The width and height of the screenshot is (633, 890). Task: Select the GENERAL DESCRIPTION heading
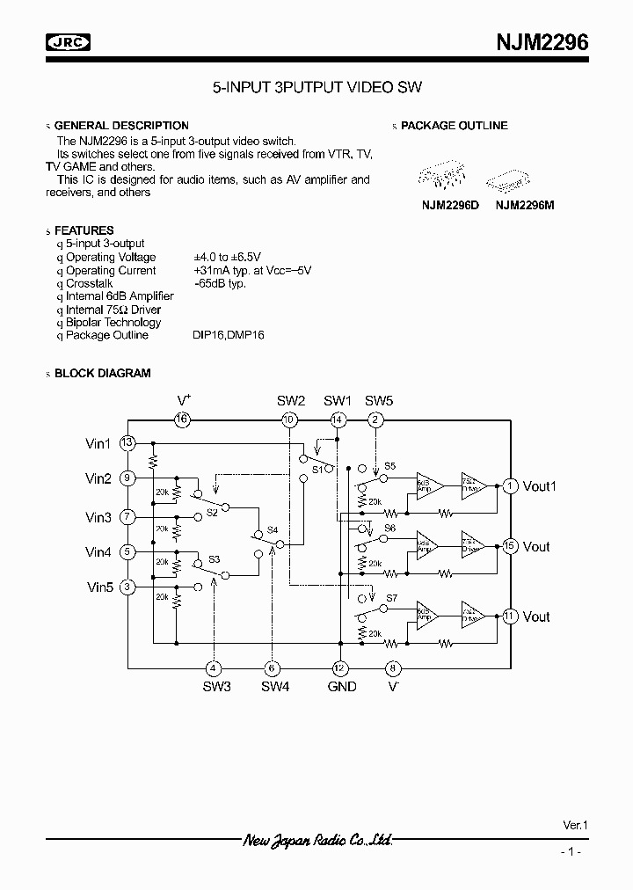121,126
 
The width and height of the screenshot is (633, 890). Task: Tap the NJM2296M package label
525,205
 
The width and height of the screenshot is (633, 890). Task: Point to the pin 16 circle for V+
182,419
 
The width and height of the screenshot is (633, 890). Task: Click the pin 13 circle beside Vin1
128,442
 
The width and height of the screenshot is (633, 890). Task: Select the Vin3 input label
98,518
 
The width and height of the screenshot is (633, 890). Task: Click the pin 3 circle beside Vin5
128,587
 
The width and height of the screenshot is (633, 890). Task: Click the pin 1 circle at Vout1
510,485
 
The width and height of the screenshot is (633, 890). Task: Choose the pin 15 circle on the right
510,546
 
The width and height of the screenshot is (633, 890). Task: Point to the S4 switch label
273,529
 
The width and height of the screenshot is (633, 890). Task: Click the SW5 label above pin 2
379,401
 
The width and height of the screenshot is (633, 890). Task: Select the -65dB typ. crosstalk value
220,283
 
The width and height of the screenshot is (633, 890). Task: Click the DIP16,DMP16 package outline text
229,335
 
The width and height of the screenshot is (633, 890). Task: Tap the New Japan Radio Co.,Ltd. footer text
317,841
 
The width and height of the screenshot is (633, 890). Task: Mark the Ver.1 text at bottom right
575,826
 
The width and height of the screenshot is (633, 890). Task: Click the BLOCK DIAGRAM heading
102,373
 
